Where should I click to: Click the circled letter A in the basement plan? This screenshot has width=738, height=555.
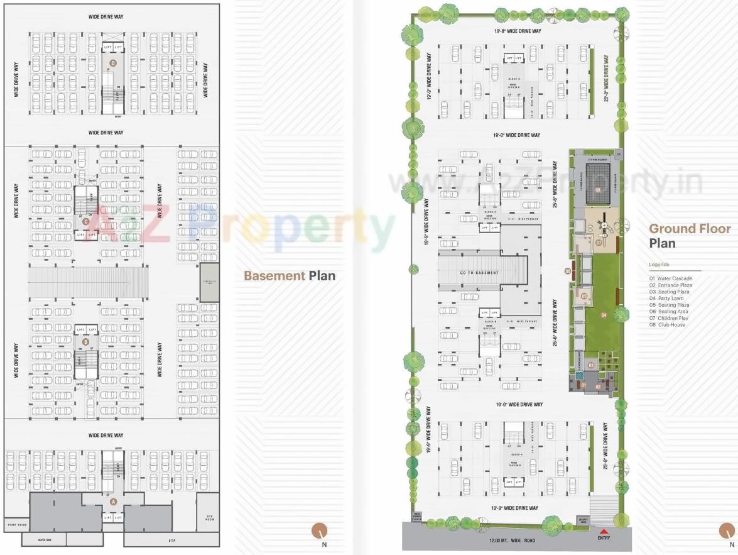point(114,502)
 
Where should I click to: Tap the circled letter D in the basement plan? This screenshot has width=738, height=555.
point(113,63)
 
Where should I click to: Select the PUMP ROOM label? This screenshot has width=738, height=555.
point(16,524)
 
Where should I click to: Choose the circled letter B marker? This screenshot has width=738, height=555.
point(85,342)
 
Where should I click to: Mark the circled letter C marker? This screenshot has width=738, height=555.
point(85,221)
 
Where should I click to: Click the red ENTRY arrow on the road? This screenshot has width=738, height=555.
point(604,531)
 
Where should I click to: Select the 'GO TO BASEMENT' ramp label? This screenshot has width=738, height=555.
point(479,273)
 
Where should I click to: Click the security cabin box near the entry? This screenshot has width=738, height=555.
point(582,521)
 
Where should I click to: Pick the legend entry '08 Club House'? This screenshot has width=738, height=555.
point(668,325)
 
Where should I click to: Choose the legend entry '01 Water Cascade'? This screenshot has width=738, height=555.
point(671,278)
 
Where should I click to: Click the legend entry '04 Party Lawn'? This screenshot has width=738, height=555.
point(666,299)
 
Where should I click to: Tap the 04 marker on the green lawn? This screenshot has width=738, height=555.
point(603,315)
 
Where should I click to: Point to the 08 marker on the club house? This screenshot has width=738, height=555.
point(598,189)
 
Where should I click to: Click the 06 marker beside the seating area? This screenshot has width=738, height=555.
point(567,272)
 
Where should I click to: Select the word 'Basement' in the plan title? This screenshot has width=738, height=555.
point(274,275)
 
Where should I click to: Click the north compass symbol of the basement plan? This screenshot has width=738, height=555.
point(320,530)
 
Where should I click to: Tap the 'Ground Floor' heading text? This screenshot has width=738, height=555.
point(690,229)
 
